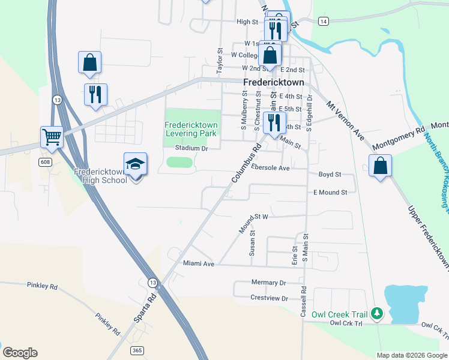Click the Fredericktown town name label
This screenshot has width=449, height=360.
click(274, 82)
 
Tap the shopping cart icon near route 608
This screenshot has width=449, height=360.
click(52, 137)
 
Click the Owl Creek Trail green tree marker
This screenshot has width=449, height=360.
click(377, 313)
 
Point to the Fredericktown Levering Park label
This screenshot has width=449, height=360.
click(191, 129)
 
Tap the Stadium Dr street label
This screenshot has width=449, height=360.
click(191, 148)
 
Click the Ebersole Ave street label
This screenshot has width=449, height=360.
click(270, 168)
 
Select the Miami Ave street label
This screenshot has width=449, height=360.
click(199, 263)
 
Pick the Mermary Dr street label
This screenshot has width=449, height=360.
click(268, 283)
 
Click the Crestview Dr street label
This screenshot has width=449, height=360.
click(270, 298)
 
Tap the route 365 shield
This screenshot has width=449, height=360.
click(137, 350)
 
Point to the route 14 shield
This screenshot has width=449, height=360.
click(324, 21)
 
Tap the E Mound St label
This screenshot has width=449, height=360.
click(330, 193)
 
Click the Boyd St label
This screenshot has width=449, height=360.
click(330, 175)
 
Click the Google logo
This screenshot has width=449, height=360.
click(20, 353)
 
